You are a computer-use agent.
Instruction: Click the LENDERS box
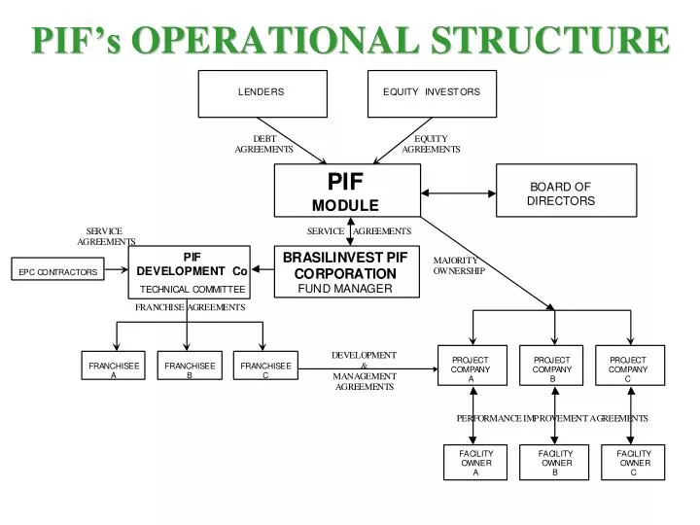coord(261,92)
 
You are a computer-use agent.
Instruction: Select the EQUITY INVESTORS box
coord(431,92)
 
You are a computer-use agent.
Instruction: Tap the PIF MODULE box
coord(347,191)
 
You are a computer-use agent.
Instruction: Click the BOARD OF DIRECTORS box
coord(566,191)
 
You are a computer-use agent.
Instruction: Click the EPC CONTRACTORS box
coord(58,272)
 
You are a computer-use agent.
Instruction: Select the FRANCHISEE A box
coord(114,369)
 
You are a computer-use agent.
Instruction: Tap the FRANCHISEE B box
coord(190,369)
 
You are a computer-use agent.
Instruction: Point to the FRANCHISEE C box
coord(265,369)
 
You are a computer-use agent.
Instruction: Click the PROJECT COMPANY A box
coord(472,368)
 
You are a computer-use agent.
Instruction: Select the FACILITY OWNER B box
coord(555,463)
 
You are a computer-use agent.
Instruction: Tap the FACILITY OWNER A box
coord(476,463)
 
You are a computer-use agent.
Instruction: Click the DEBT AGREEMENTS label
coord(263,144)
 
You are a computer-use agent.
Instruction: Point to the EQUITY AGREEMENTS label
coord(431,144)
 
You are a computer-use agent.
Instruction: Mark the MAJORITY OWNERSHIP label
coord(458,265)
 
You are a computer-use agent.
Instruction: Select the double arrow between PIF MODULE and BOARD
coord(458,191)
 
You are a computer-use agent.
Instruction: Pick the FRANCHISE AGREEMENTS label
coord(190,307)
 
